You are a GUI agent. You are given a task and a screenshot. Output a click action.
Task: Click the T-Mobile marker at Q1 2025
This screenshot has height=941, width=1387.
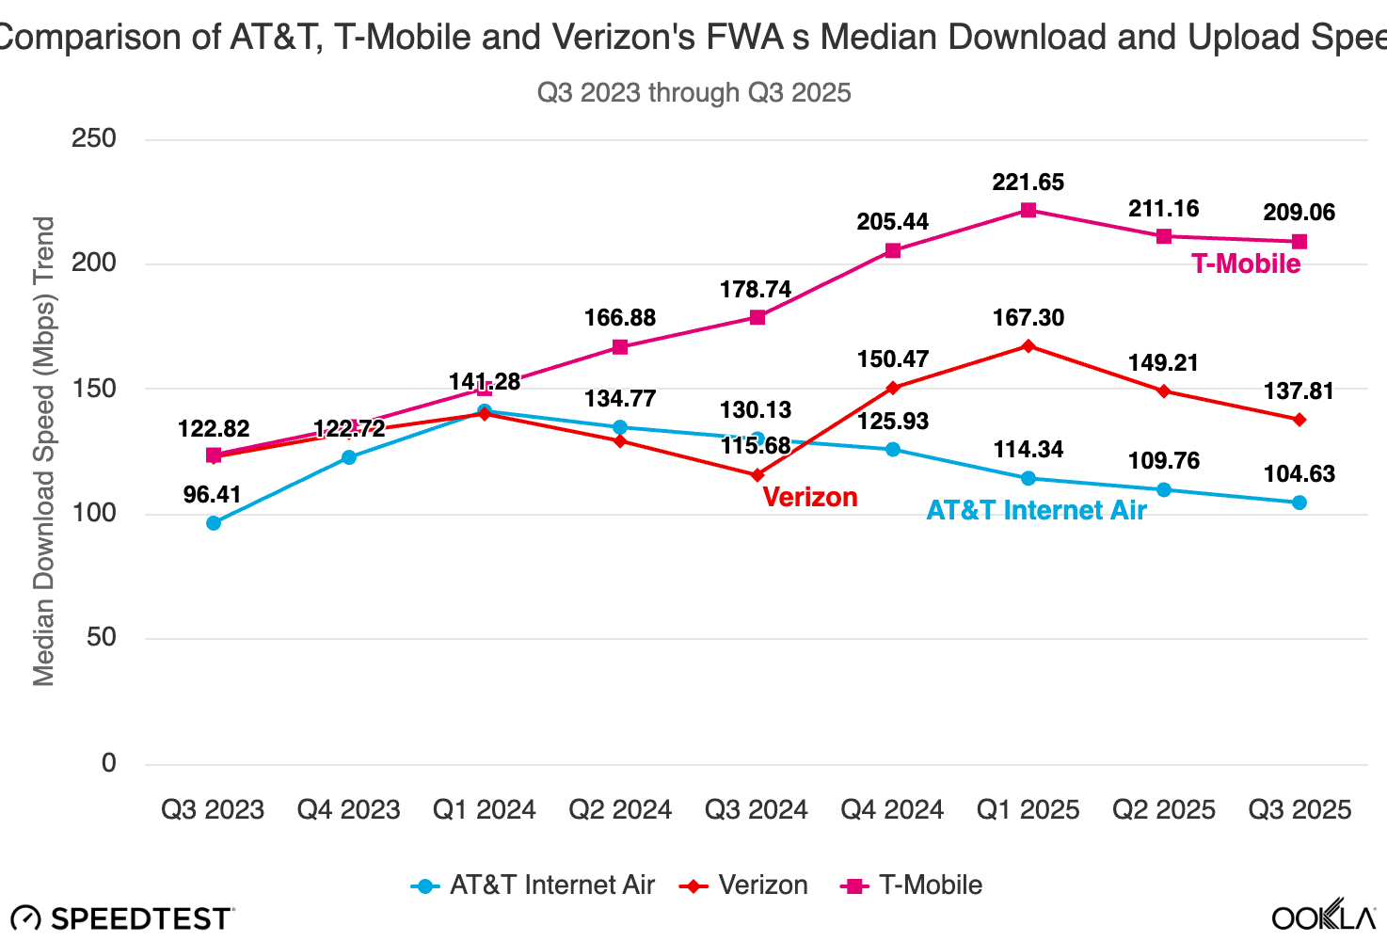pos(1028,210)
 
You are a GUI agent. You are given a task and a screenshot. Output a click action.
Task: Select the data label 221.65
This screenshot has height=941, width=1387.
pos(1028,183)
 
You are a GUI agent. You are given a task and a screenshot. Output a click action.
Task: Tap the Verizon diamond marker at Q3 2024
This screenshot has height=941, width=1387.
pos(757,475)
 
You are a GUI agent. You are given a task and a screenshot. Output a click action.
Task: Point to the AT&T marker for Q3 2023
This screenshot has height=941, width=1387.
pos(214,523)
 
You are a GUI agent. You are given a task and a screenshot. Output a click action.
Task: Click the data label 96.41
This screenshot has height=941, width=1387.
pos(213,495)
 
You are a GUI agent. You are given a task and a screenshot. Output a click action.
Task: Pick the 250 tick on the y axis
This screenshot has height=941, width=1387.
pos(94,138)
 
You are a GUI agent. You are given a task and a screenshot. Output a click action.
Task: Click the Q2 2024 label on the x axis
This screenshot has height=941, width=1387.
pos(620,809)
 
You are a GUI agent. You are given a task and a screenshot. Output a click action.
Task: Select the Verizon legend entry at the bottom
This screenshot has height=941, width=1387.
pos(743,885)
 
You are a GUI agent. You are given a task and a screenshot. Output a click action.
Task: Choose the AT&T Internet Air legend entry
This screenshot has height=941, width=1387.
pos(534,885)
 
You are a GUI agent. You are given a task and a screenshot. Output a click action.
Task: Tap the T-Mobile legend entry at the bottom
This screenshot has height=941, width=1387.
pos(911,885)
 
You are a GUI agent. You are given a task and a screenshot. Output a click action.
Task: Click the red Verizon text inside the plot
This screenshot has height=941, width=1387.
pos(809,497)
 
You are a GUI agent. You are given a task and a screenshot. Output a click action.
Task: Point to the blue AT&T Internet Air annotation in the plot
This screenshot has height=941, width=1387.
pos(1036,510)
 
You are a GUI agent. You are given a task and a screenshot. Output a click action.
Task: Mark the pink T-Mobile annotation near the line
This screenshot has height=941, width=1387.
pos(1246,263)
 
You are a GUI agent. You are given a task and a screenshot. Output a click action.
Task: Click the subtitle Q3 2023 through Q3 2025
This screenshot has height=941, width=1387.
pos(693,93)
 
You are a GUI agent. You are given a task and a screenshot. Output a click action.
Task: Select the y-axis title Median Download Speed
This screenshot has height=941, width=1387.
pos(44,452)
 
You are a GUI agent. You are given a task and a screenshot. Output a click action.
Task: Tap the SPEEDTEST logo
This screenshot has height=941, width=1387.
pos(122,918)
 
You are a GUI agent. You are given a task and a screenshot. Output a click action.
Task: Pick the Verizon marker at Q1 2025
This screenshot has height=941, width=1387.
pos(1028,346)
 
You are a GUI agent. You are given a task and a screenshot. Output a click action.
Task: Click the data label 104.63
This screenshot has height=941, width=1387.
pos(1299,474)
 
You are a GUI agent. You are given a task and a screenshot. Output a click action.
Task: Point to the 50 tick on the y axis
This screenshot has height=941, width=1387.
pos(102,637)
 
